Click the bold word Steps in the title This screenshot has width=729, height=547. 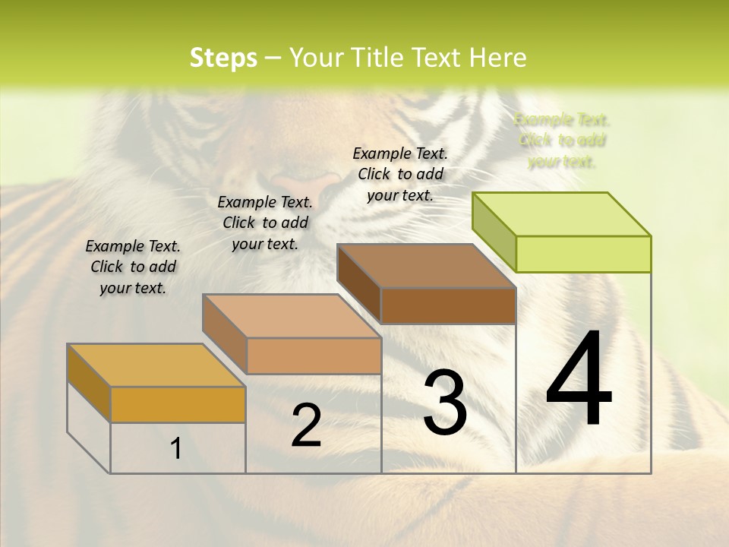223,58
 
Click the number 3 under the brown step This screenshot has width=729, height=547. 445,403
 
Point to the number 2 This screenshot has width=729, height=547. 306,426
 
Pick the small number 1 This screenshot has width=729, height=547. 176,449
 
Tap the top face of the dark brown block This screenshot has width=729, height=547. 426,266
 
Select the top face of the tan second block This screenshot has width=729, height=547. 292,316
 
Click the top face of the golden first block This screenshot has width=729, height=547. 156,365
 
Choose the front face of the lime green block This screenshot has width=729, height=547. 583,254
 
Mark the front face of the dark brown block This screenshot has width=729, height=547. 448,306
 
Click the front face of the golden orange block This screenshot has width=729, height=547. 178,404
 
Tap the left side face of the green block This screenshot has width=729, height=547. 494,228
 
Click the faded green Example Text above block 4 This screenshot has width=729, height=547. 562,141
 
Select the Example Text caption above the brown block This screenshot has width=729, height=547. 401,174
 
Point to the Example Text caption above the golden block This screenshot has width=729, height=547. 133,267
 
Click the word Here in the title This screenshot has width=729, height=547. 499,58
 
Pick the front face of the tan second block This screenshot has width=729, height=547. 314,356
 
